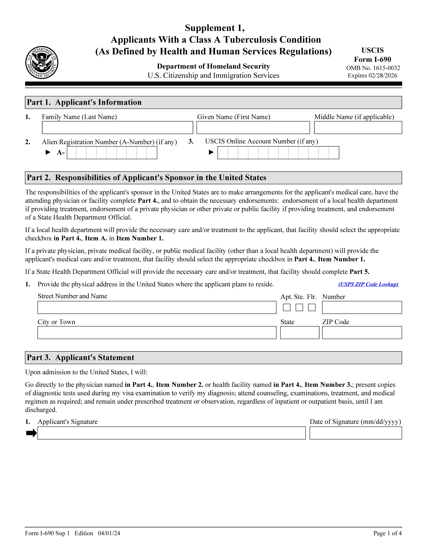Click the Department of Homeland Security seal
[42, 62]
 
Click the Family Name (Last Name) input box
[117, 128]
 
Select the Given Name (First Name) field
[253, 128]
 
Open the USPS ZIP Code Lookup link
[368, 284]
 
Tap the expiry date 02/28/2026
[383, 76]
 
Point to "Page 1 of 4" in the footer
[387, 533]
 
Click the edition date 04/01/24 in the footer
[109, 533]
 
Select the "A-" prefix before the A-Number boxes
[61, 153]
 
